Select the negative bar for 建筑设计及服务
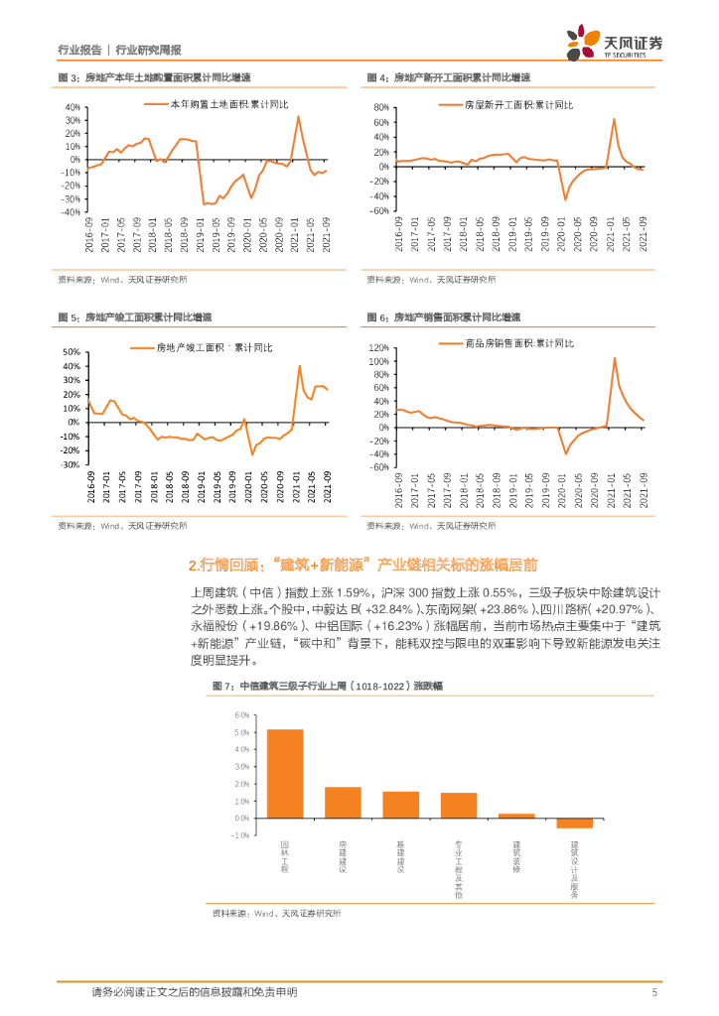(x=574, y=823)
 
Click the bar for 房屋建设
(x=343, y=802)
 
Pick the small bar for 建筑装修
(x=516, y=816)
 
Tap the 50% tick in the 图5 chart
(x=71, y=352)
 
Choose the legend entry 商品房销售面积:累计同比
(x=506, y=343)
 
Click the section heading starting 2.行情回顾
(x=362, y=565)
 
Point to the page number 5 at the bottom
(x=654, y=991)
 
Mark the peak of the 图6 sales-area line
(x=615, y=358)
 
